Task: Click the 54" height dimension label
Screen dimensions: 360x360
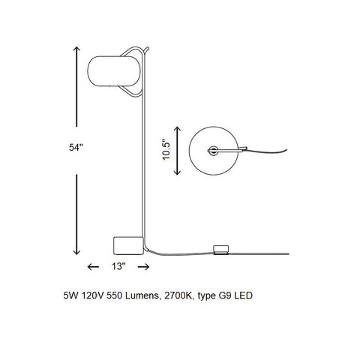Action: [x=76, y=148]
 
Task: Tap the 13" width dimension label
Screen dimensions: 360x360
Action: [x=118, y=266]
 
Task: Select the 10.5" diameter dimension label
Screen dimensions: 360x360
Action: [x=166, y=149]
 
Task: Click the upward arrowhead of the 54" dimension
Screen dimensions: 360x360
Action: [x=76, y=49]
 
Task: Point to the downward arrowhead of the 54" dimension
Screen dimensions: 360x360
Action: [x=76, y=251]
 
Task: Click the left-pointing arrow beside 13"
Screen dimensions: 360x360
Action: [x=93, y=267]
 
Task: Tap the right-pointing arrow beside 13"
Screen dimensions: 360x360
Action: [x=144, y=267]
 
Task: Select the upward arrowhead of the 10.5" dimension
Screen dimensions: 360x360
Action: [x=177, y=130]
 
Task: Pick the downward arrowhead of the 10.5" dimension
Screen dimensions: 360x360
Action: [x=177, y=172]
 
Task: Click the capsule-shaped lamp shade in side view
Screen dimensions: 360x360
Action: [x=114, y=71]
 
